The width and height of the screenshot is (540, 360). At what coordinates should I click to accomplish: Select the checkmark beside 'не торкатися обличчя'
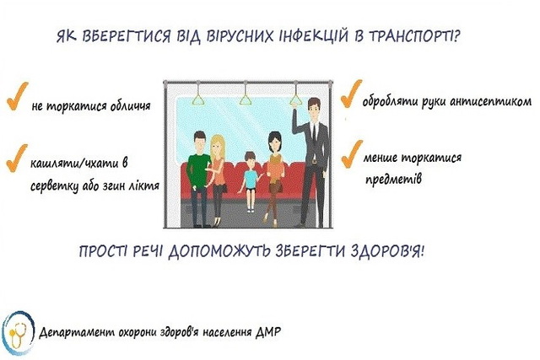[17, 96]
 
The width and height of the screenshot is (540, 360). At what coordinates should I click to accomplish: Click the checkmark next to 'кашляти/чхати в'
[16, 158]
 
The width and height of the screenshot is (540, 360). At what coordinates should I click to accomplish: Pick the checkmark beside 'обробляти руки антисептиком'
[351, 94]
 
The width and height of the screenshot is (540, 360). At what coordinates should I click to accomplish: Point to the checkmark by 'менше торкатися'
[352, 154]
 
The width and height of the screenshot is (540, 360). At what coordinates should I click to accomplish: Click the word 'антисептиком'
[491, 102]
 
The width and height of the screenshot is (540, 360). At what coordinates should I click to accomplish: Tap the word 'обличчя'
[130, 105]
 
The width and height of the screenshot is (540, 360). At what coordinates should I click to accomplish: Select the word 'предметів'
[393, 179]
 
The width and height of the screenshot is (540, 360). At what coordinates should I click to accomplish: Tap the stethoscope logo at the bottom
[18, 333]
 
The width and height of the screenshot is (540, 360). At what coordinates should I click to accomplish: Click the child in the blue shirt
[251, 181]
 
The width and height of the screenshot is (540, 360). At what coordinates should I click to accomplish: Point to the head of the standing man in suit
[314, 109]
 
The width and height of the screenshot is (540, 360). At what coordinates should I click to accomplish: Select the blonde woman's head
[217, 146]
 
